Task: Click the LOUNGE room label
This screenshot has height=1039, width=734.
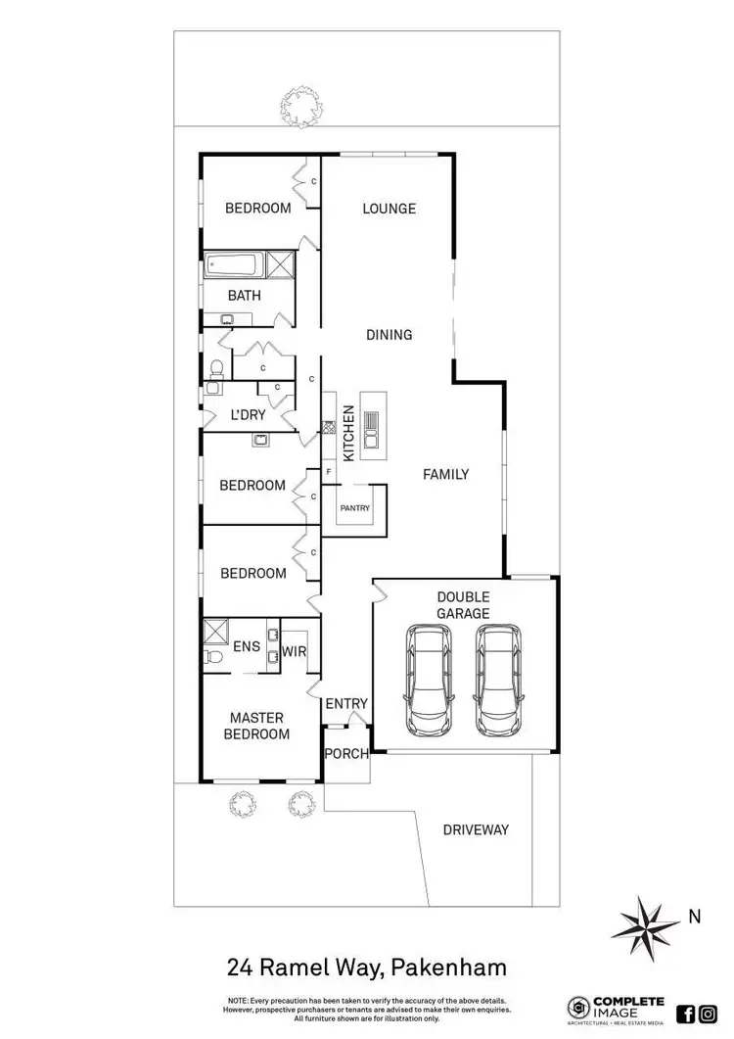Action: (389, 209)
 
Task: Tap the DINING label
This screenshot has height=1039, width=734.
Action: (389, 335)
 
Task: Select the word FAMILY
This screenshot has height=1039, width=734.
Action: (445, 475)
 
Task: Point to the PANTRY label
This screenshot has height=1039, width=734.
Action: (353, 509)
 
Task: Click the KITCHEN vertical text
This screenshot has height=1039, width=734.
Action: (346, 434)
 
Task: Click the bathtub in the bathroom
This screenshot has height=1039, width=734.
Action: (232, 264)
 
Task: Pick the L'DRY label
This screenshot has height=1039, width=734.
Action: (247, 415)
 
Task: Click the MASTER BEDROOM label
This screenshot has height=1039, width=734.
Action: (256, 726)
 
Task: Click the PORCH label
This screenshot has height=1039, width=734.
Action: (346, 754)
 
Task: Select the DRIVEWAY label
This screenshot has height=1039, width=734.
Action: (476, 829)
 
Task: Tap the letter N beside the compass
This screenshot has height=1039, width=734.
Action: (694, 918)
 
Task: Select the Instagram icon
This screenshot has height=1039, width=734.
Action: (708, 1015)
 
